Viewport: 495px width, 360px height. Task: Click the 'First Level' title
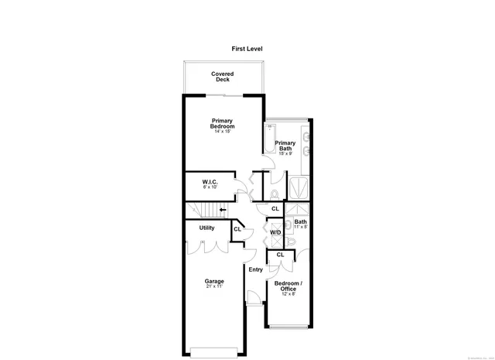coord(247,48)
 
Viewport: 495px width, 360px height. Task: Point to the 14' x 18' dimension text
coord(224,132)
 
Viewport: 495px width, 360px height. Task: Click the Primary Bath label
coord(285,145)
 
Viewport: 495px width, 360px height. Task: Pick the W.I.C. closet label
coord(210,181)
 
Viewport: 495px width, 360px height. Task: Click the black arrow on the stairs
coord(223,209)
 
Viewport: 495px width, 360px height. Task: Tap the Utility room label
coord(207,228)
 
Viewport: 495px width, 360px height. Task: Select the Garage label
coord(214,281)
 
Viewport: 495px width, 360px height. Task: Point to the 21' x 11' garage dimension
coord(214,287)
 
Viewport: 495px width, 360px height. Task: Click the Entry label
coord(255,269)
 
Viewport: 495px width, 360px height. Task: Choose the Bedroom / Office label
coord(288,287)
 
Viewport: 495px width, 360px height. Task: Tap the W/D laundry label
coord(275,231)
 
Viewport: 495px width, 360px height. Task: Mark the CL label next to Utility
coord(237,228)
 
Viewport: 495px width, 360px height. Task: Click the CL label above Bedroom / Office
coord(280,255)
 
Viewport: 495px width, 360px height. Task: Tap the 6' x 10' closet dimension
coord(210,187)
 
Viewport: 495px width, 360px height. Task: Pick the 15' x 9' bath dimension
coord(285,153)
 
